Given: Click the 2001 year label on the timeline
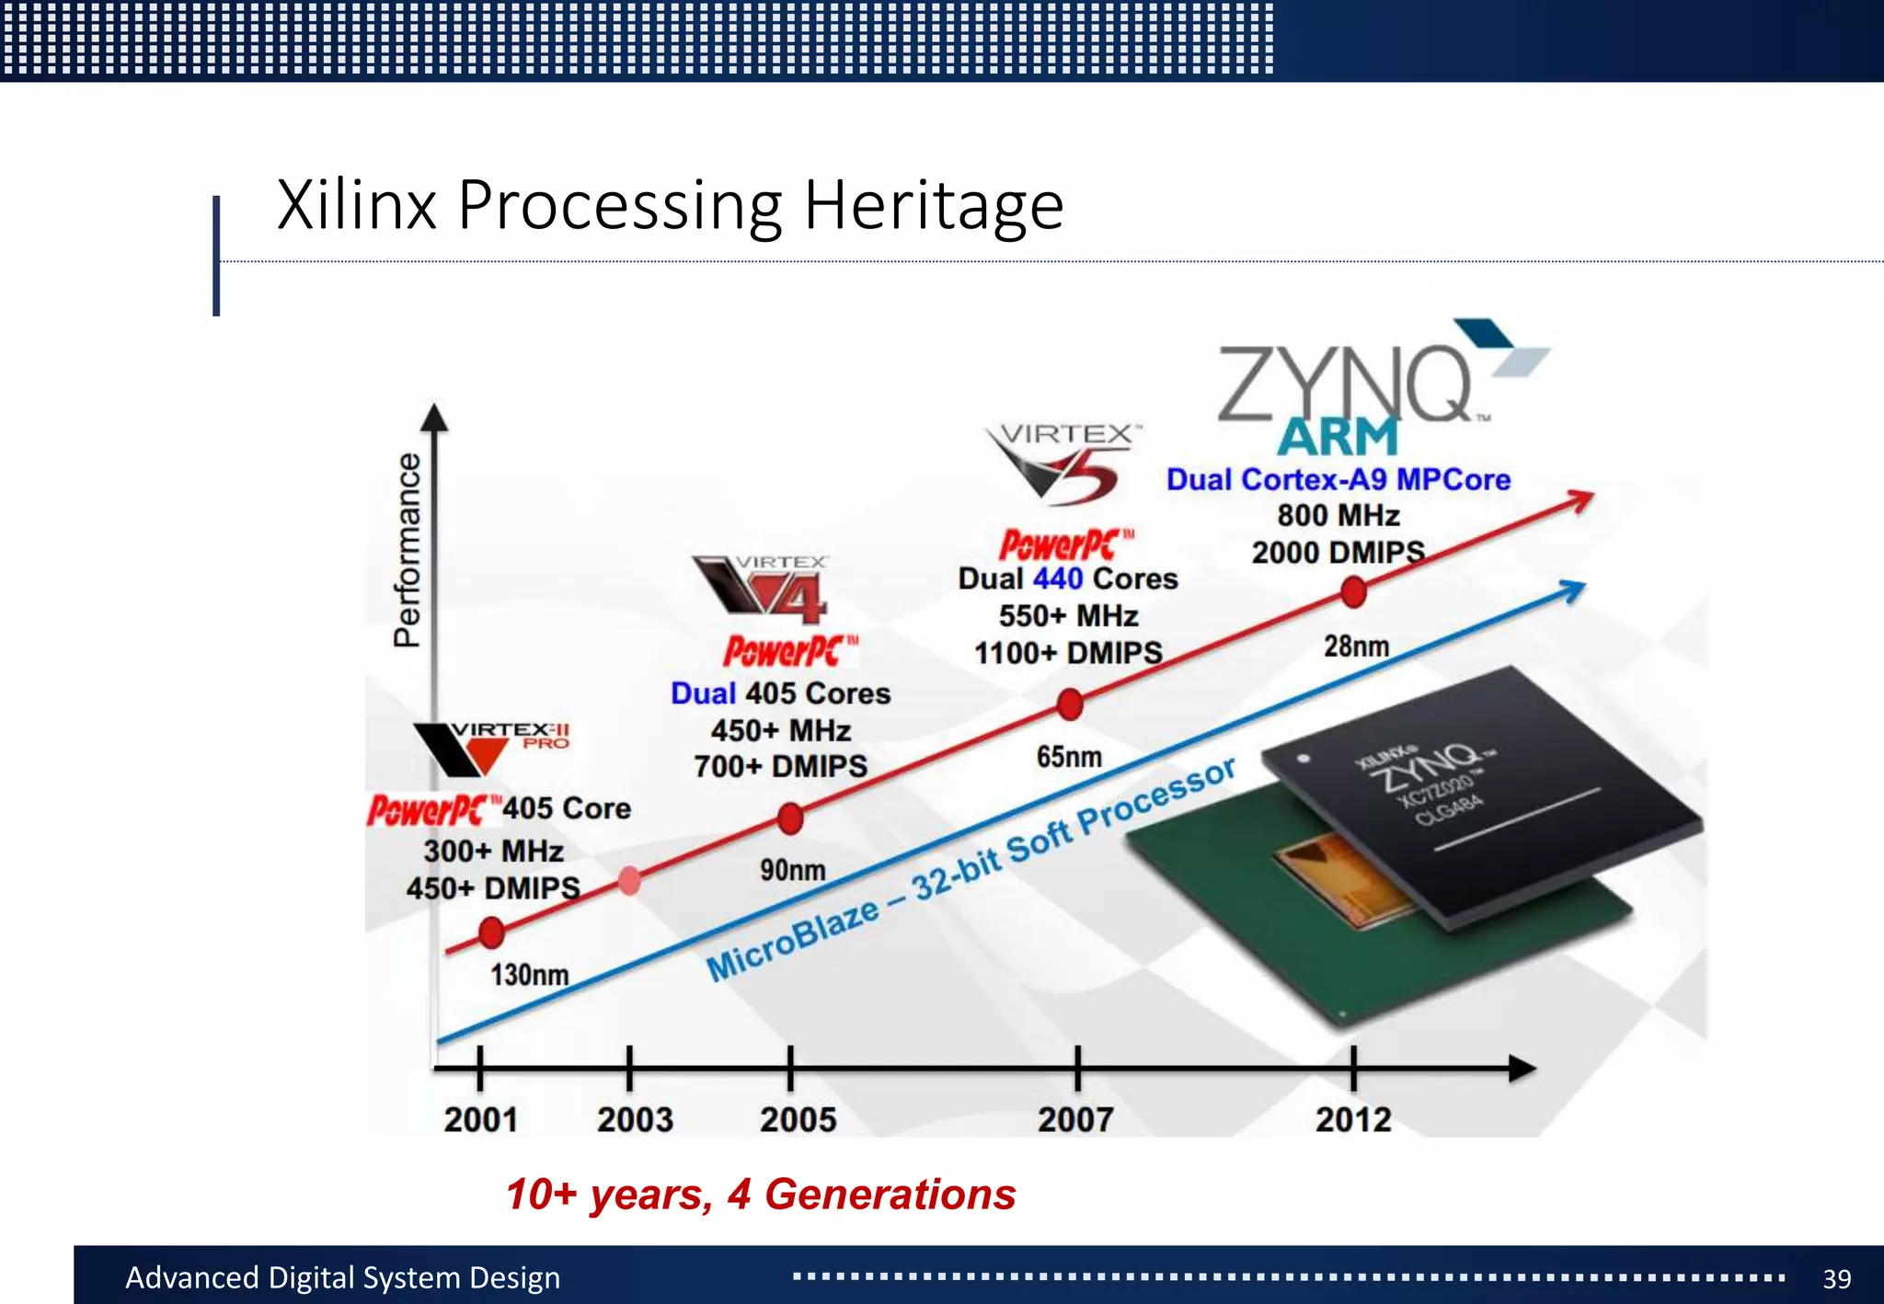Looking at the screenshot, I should click(480, 1119).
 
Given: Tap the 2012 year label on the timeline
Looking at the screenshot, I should click(1352, 1119).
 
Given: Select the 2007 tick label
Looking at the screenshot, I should click(1075, 1119).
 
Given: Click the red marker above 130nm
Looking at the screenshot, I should click(491, 932).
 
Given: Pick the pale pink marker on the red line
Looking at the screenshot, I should click(629, 881).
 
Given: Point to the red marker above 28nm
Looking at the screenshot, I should click(1353, 591).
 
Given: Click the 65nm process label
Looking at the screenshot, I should click(1069, 757).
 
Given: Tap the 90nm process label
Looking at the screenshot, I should click(792, 870).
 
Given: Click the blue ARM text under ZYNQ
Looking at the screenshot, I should click(1338, 437).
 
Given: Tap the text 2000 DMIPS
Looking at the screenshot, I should click(1338, 553).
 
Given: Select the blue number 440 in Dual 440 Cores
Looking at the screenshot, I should click(1058, 578).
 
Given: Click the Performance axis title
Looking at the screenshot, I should click(407, 550).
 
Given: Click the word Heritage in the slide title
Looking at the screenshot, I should click(933, 205).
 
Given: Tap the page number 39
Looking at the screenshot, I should click(1836, 1278).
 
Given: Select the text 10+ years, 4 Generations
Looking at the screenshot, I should click(761, 1195).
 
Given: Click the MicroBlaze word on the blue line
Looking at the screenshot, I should click(793, 940).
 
